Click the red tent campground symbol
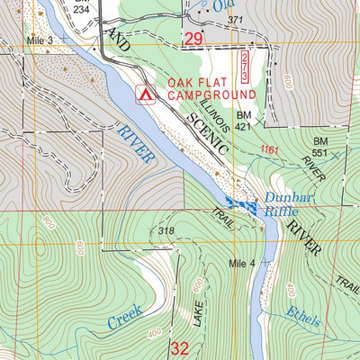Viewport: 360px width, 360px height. (142, 92)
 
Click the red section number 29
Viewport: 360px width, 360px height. (193, 38)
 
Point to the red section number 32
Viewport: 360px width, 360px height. (180, 347)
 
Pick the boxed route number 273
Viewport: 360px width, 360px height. (245, 67)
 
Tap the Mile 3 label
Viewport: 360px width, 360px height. (40, 42)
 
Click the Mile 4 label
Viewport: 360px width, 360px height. (242, 263)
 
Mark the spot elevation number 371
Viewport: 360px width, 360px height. (236, 20)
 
